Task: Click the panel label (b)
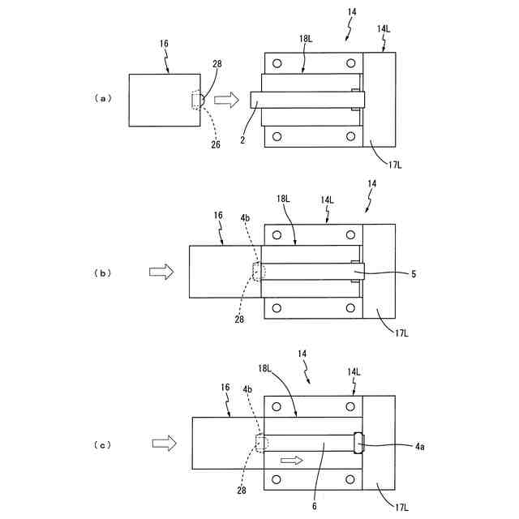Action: pos(102,273)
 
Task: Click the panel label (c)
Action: pos(102,444)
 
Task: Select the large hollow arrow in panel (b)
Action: pos(162,272)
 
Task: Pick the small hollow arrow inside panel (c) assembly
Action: pos(291,461)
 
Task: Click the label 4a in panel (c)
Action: pos(421,445)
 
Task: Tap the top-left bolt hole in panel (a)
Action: pos(278,63)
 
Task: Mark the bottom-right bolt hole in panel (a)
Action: pos(350,136)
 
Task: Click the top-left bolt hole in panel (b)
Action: pos(277,236)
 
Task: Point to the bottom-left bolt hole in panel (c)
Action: pos(277,479)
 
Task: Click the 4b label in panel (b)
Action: pos(246,217)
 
